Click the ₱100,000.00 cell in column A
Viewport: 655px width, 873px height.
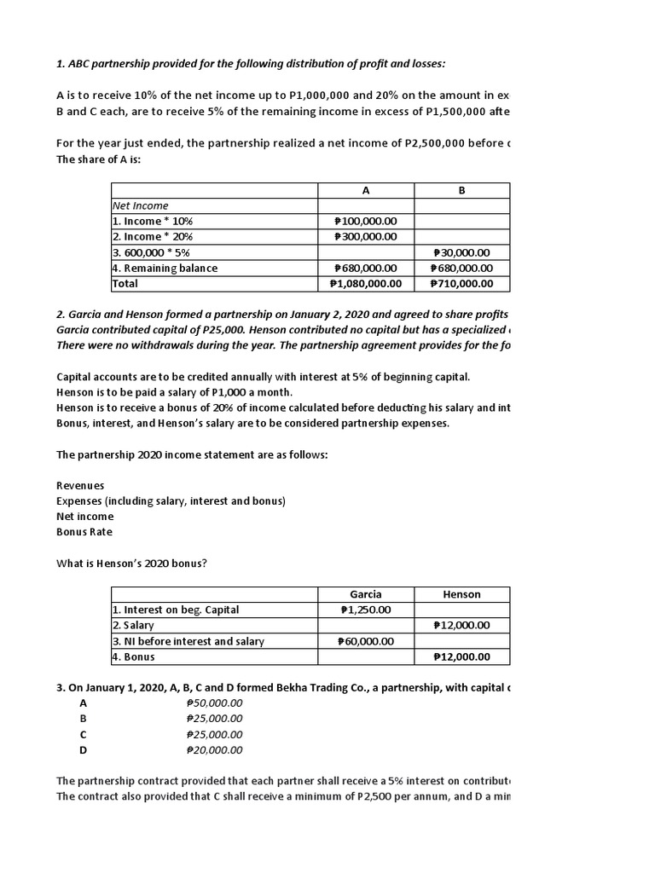365,221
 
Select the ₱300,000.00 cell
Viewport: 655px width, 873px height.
365,236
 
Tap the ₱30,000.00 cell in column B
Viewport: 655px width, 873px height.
461,252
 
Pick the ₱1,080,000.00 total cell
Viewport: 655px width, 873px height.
365,283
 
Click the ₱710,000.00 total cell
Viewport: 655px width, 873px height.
461,283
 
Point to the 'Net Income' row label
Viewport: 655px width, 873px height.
141,205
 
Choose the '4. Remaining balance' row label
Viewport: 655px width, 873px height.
165,268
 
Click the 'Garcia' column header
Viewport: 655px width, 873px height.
366,594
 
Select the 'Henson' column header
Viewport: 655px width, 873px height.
462,594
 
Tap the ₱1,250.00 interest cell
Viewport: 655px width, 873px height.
365,610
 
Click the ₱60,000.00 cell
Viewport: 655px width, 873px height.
365,641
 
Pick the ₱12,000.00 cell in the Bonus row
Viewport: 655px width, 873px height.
461,656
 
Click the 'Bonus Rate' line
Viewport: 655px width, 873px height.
84,532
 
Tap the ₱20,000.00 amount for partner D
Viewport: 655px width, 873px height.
214,749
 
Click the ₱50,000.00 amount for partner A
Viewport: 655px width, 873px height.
214,702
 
